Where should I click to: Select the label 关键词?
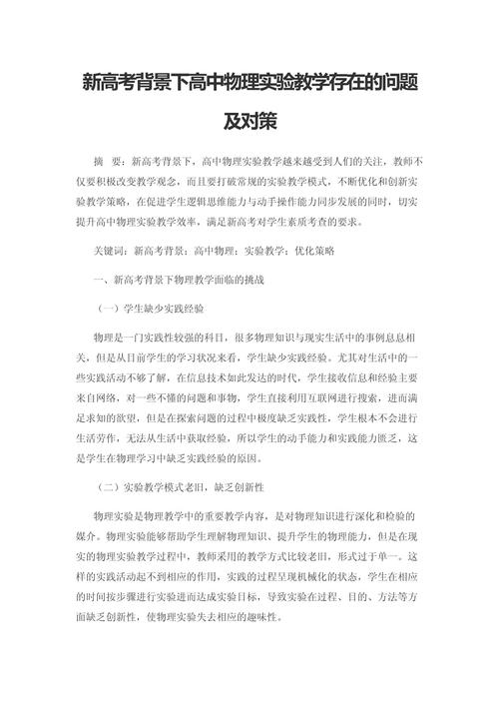point(108,252)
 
